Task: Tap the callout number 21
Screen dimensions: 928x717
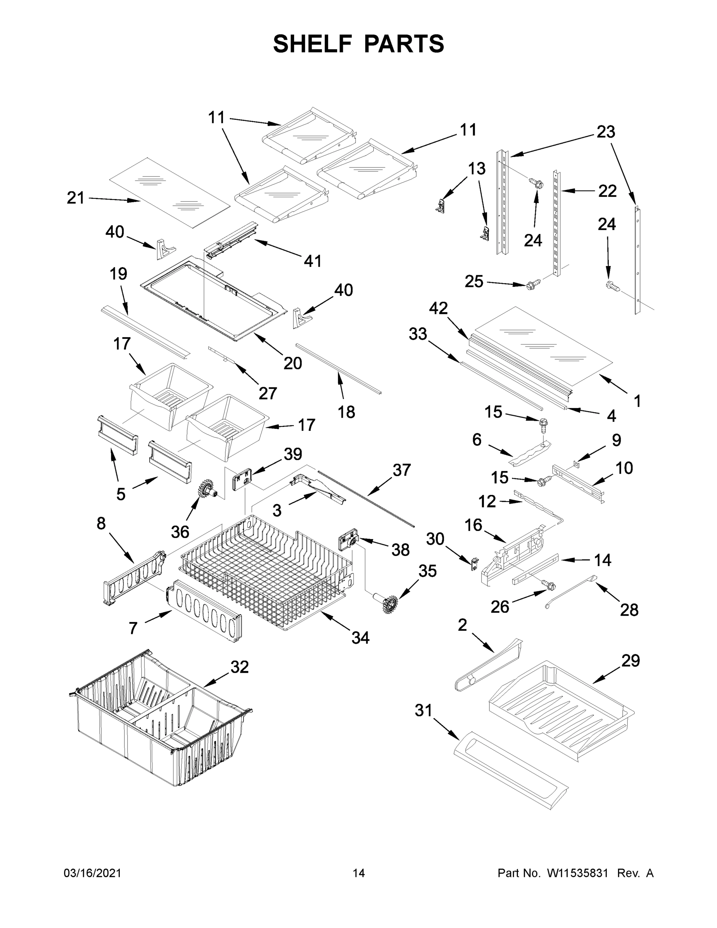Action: coord(76,198)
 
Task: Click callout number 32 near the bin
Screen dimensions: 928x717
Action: coord(239,667)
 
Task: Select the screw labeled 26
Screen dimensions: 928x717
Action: coord(549,585)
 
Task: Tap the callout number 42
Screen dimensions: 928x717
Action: coord(438,308)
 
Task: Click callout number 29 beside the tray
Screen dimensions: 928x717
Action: coord(630,660)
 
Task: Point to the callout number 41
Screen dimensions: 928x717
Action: coord(312,261)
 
